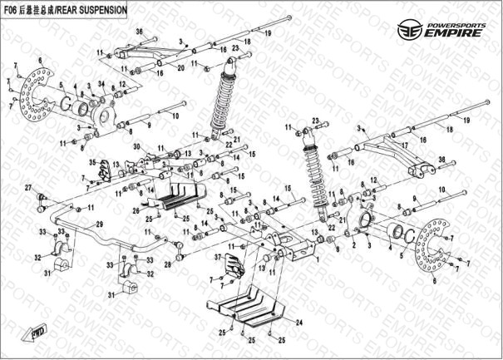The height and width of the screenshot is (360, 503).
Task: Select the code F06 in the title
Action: [13, 10]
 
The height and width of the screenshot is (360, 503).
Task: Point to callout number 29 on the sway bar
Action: [99, 225]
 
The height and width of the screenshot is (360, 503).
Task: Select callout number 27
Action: [27, 187]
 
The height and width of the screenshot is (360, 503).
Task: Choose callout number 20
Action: [181, 68]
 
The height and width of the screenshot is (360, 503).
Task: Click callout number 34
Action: [102, 84]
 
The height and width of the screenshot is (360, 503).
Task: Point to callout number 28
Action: [168, 264]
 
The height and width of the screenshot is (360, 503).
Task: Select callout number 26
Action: [136, 210]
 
